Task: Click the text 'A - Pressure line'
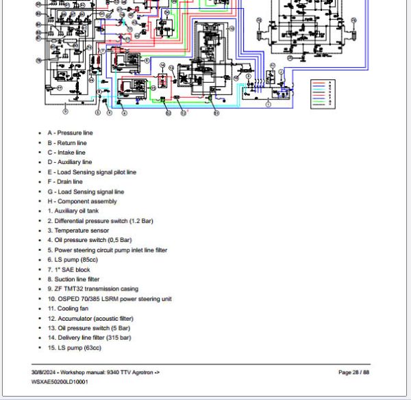pyautogui.click(x=70, y=133)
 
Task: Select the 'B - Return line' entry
pyautogui.click(x=67, y=143)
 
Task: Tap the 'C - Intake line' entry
pyautogui.click(x=66, y=152)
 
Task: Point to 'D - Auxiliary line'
pyautogui.click(x=69, y=162)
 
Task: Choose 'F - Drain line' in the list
pyautogui.click(x=65, y=182)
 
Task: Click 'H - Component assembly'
pyautogui.click(x=82, y=202)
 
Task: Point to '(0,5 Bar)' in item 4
pyautogui.click(x=118, y=240)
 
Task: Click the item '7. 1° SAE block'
pyautogui.click(x=68, y=269)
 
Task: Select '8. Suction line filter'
pyautogui.click(x=73, y=279)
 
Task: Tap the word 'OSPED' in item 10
pyautogui.click(x=69, y=299)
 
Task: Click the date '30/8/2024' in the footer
pyautogui.click(x=45, y=372)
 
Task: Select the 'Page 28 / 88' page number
pyautogui.click(x=354, y=372)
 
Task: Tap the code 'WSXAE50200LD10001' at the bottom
pyautogui.click(x=60, y=382)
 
